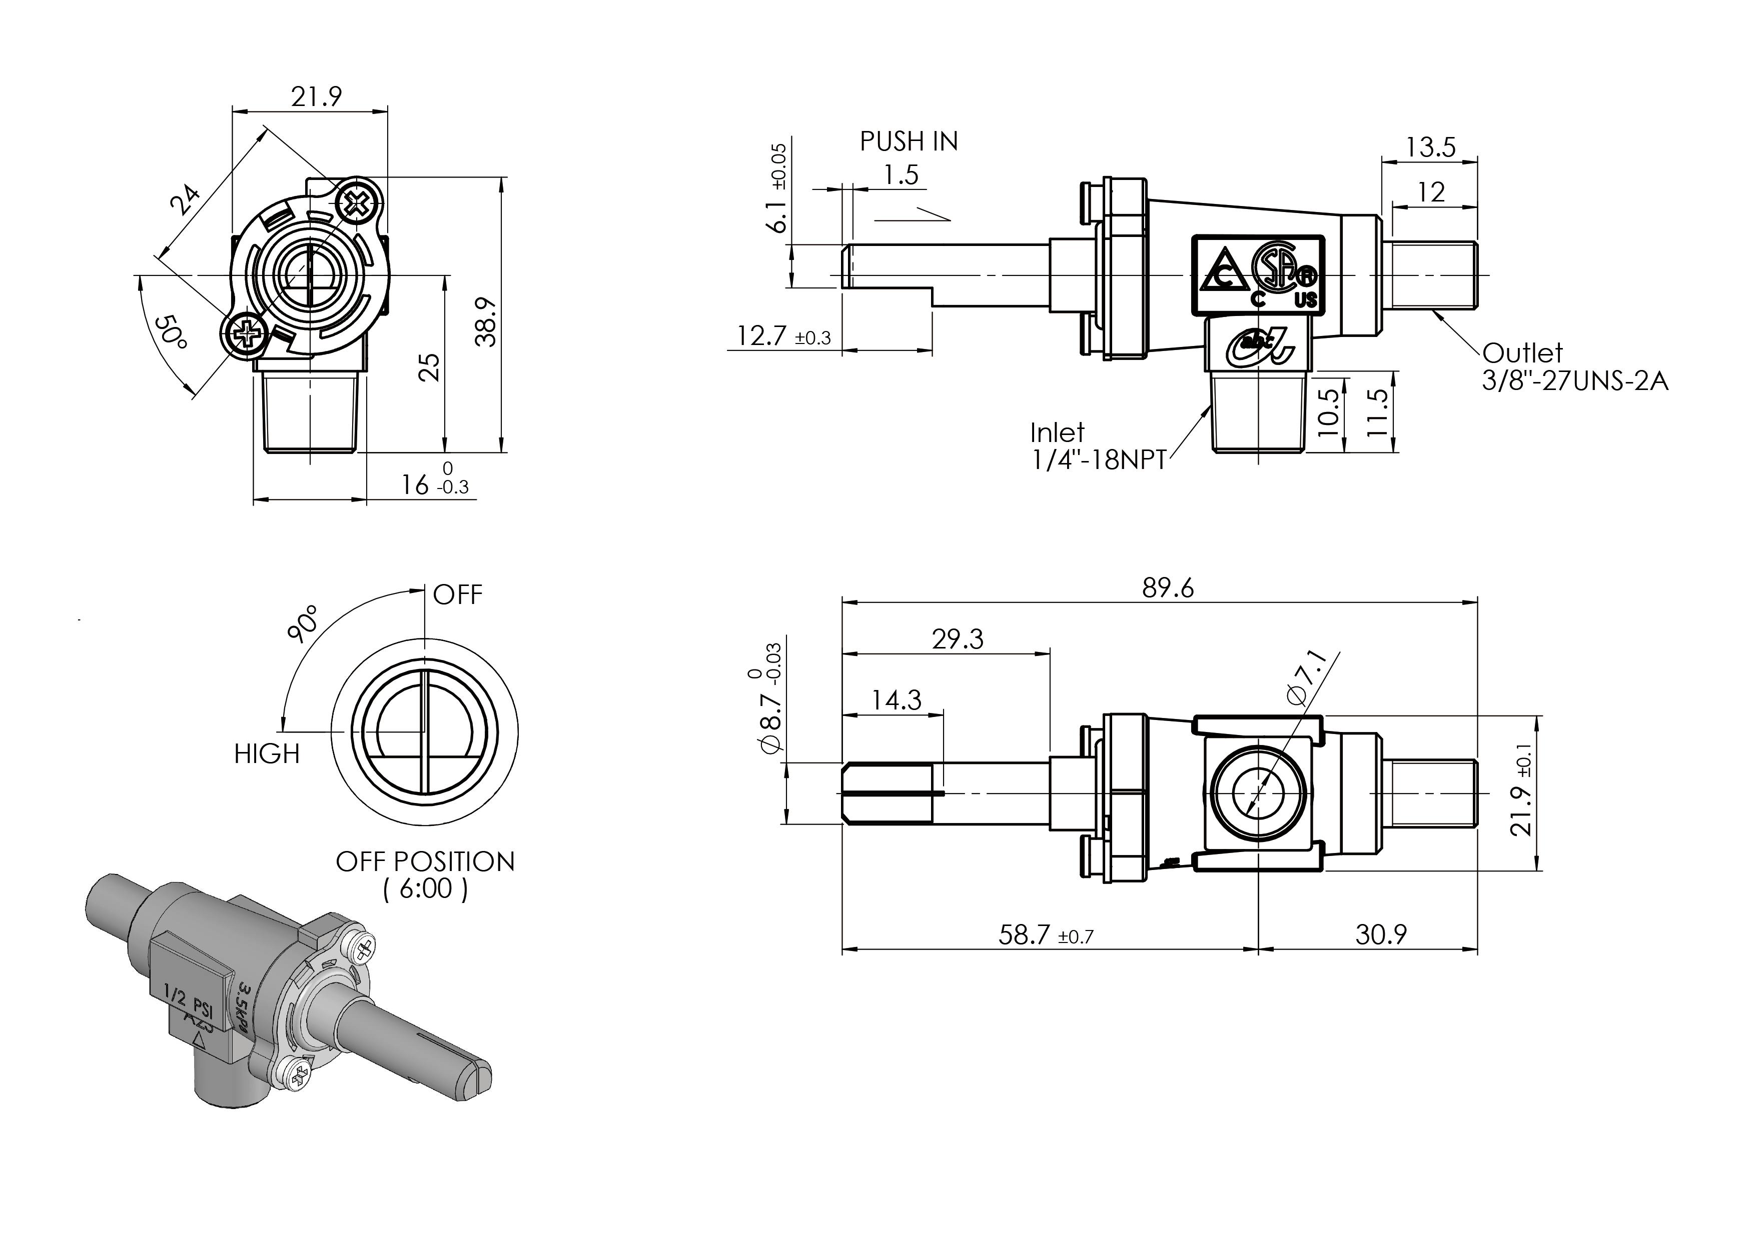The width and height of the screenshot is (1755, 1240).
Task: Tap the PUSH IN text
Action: tap(908, 141)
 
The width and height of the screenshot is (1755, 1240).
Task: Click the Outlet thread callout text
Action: tap(1574, 366)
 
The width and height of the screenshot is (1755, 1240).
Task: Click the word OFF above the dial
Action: tap(457, 594)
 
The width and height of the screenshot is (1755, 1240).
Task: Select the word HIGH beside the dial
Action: tap(267, 754)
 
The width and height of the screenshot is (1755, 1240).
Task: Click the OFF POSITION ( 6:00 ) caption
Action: tap(425, 875)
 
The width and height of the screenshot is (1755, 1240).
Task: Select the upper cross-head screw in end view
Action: tap(357, 203)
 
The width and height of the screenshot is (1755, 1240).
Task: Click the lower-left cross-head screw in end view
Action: tap(246, 333)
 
